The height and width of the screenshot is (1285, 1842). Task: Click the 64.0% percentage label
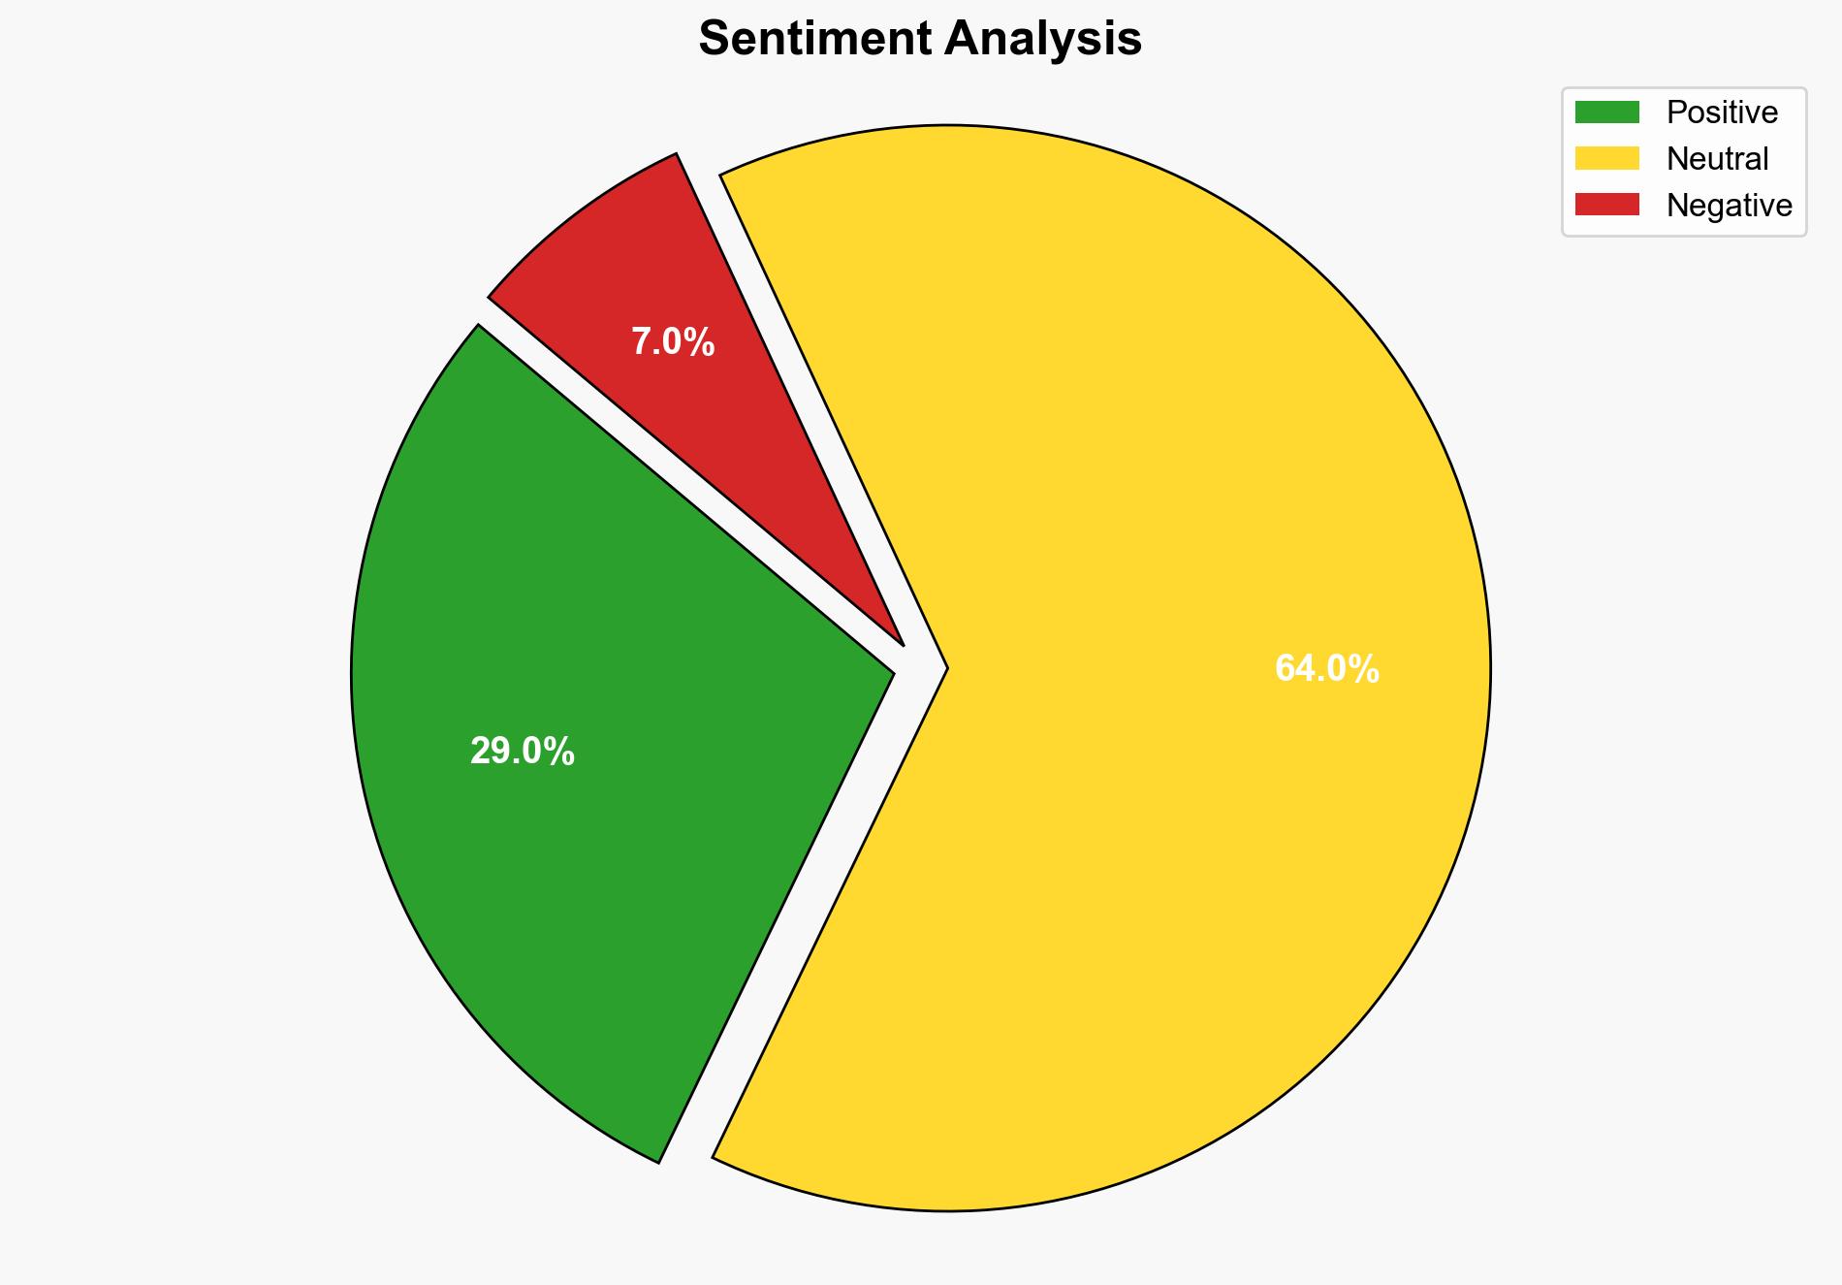pos(1326,669)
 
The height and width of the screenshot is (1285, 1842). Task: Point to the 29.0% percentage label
pos(522,752)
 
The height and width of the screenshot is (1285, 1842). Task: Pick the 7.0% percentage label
pos(673,342)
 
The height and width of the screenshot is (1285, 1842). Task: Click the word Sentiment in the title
pos(813,40)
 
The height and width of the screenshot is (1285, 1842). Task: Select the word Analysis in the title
pos(1043,40)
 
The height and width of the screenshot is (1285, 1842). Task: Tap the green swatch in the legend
pos(1606,112)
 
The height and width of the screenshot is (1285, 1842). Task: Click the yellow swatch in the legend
pos(1606,158)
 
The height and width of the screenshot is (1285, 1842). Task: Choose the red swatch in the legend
pos(1606,205)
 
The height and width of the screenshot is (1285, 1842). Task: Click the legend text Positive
pos(1722,112)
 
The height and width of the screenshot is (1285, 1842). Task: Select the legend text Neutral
pos(1717,158)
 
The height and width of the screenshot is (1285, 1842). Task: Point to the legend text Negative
pos(1729,205)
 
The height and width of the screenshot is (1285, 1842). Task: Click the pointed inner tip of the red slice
pos(901,641)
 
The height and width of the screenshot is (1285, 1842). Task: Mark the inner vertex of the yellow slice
pos(944,668)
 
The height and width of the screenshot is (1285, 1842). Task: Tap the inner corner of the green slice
pos(890,670)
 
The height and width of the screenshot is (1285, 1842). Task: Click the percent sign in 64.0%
pos(1366,669)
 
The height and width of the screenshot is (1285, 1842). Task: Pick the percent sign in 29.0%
pos(561,752)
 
